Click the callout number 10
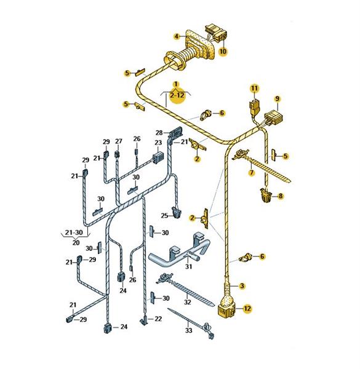pyautogui.click(x=223, y=51)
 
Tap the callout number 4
pyautogui.click(x=177, y=36)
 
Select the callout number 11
pyautogui.click(x=254, y=89)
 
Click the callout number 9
pyautogui.click(x=278, y=98)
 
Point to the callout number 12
pyautogui.click(x=247, y=308)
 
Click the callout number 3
pyautogui.click(x=242, y=286)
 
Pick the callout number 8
pyautogui.click(x=281, y=196)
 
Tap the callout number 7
pyautogui.click(x=252, y=173)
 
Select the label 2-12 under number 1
pyautogui.click(x=177, y=95)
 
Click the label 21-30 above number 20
pyautogui.click(x=74, y=232)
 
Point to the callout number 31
pyautogui.click(x=188, y=267)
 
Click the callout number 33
pyautogui.click(x=188, y=330)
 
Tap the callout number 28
pyautogui.click(x=159, y=133)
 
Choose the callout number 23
pyautogui.click(x=158, y=143)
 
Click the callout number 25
pyautogui.click(x=164, y=216)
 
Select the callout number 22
pyautogui.click(x=158, y=319)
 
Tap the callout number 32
pyautogui.click(x=188, y=302)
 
